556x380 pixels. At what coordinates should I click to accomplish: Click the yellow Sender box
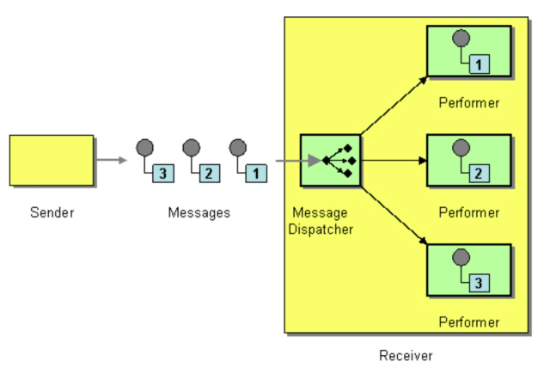click(x=52, y=160)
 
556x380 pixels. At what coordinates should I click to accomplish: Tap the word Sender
click(x=52, y=212)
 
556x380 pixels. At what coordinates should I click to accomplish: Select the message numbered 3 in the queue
click(x=156, y=161)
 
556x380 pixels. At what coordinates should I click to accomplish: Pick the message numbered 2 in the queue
click(x=202, y=161)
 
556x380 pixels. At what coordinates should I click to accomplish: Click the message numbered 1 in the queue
click(x=248, y=161)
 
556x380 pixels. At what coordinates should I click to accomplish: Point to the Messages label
click(x=199, y=212)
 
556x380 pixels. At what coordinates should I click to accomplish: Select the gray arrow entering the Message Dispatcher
click(x=292, y=160)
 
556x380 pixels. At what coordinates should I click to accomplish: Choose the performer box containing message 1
click(x=468, y=52)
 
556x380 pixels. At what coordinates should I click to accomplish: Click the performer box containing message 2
click(x=468, y=161)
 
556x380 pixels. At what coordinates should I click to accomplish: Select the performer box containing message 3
click(x=468, y=270)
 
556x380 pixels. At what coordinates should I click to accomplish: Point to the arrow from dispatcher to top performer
click(x=394, y=106)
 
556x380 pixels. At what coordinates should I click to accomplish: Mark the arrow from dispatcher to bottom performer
click(x=394, y=215)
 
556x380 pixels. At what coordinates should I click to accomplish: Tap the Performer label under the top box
click(x=468, y=103)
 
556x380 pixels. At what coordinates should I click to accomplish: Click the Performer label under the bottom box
click(x=468, y=322)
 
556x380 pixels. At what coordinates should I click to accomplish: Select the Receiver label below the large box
click(x=406, y=355)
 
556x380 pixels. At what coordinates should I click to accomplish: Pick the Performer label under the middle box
click(x=468, y=212)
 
